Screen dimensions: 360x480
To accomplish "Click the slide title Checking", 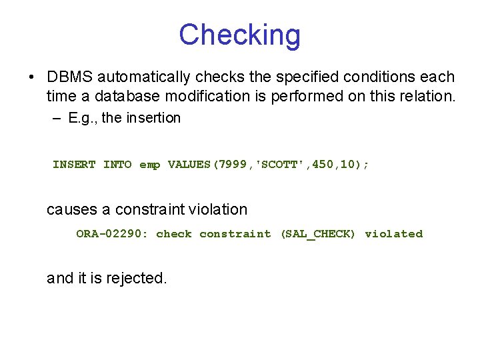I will click(239, 35).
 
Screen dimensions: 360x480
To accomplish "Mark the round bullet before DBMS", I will click(32, 77).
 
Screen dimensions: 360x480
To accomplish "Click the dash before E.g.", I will click(55, 118).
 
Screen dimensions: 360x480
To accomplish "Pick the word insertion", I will click(155, 118).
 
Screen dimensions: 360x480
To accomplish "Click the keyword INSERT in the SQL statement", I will click(74, 165).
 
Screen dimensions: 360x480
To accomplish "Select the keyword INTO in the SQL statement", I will click(117, 165).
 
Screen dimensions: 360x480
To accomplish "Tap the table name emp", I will click(149, 165).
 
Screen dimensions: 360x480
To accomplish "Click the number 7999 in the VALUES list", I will click(233, 165).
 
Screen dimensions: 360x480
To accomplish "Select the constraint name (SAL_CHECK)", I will click(318, 234).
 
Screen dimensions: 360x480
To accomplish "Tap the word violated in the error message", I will click(393, 234).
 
